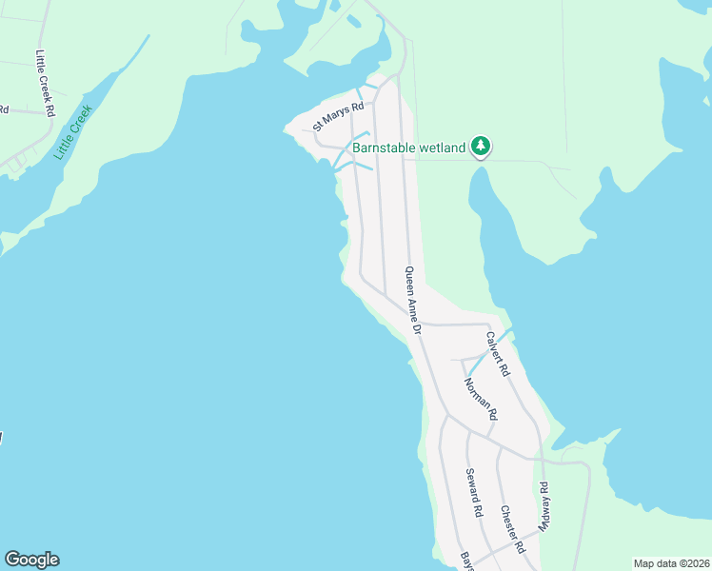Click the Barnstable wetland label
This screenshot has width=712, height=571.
tap(408, 148)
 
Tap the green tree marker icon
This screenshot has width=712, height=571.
tap(482, 147)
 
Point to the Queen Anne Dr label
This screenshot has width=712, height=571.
tap(413, 300)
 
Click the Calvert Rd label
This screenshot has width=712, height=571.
tap(498, 351)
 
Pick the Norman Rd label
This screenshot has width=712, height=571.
tap(480, 399)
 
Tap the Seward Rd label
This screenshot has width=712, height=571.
tap(473, 493)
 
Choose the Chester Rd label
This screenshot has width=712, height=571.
tap(512, 529)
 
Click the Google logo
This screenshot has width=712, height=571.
tap(31, 560)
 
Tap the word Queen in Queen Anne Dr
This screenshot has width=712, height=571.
tap(408, 281)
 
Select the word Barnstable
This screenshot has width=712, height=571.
tap(385, 148)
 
